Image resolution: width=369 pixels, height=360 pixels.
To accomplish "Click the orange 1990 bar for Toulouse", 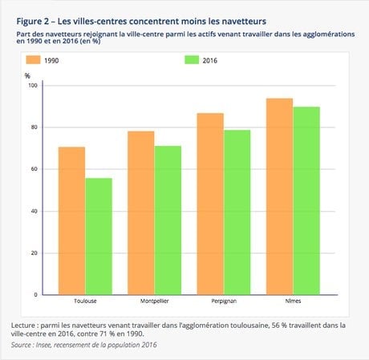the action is [71, 220].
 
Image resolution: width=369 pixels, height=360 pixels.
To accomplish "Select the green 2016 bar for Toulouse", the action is [99, 237].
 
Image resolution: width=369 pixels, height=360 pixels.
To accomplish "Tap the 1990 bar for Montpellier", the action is [141, 213].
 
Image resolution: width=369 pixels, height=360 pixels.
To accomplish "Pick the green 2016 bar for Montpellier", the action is [168, 220].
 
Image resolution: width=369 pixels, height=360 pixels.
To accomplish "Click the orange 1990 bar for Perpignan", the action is [210, 204].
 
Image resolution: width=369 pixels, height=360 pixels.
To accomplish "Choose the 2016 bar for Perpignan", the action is [237, 212].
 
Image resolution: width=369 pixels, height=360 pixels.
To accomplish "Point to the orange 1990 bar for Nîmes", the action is [279, 196].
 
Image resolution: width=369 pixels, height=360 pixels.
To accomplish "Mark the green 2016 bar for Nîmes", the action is [306, 200].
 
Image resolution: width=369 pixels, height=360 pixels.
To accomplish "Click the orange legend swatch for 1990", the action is [33, 60].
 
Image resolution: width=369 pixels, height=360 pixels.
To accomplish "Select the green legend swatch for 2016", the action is [192, 60].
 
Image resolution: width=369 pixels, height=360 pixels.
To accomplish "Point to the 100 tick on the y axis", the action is [33, 86].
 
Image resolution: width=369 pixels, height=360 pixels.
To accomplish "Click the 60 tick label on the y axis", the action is [34, 169].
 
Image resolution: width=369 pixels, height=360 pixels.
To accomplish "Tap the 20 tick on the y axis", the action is [34, 253].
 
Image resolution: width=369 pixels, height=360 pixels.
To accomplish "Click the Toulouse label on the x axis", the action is [85, 301].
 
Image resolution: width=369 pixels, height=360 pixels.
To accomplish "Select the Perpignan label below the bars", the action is [224, 301].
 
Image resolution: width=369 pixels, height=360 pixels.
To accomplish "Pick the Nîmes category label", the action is [293, 301].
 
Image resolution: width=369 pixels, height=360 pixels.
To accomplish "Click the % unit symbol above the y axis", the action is [27, 76].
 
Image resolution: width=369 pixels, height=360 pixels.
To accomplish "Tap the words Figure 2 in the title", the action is [33, 22].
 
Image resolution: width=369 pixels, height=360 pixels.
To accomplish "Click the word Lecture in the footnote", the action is [23, 326].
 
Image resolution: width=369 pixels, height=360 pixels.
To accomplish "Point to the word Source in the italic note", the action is [21, 345].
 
